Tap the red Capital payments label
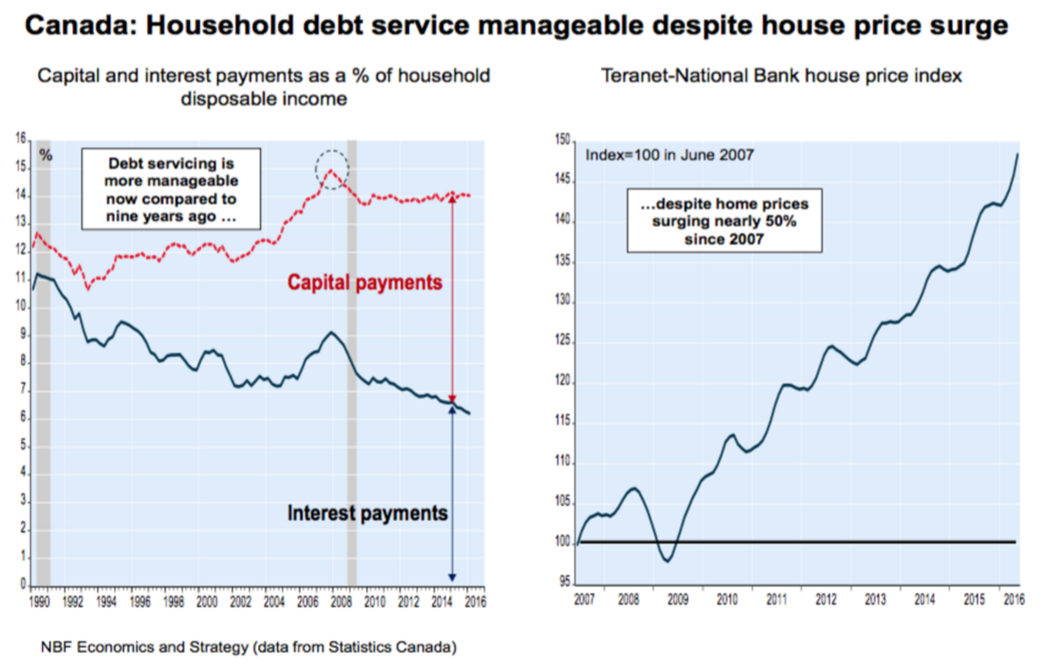pos(365,283)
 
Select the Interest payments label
pos(367,514)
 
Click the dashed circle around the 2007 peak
pos(333,168)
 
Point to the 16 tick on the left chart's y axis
pos(21,140)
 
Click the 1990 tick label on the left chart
pos(39,601)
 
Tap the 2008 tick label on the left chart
pos(341,601)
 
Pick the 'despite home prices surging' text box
pos(725,223)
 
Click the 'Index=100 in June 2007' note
pos(669,155)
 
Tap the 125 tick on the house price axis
pos(563,341)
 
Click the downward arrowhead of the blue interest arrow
pos(452,576)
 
